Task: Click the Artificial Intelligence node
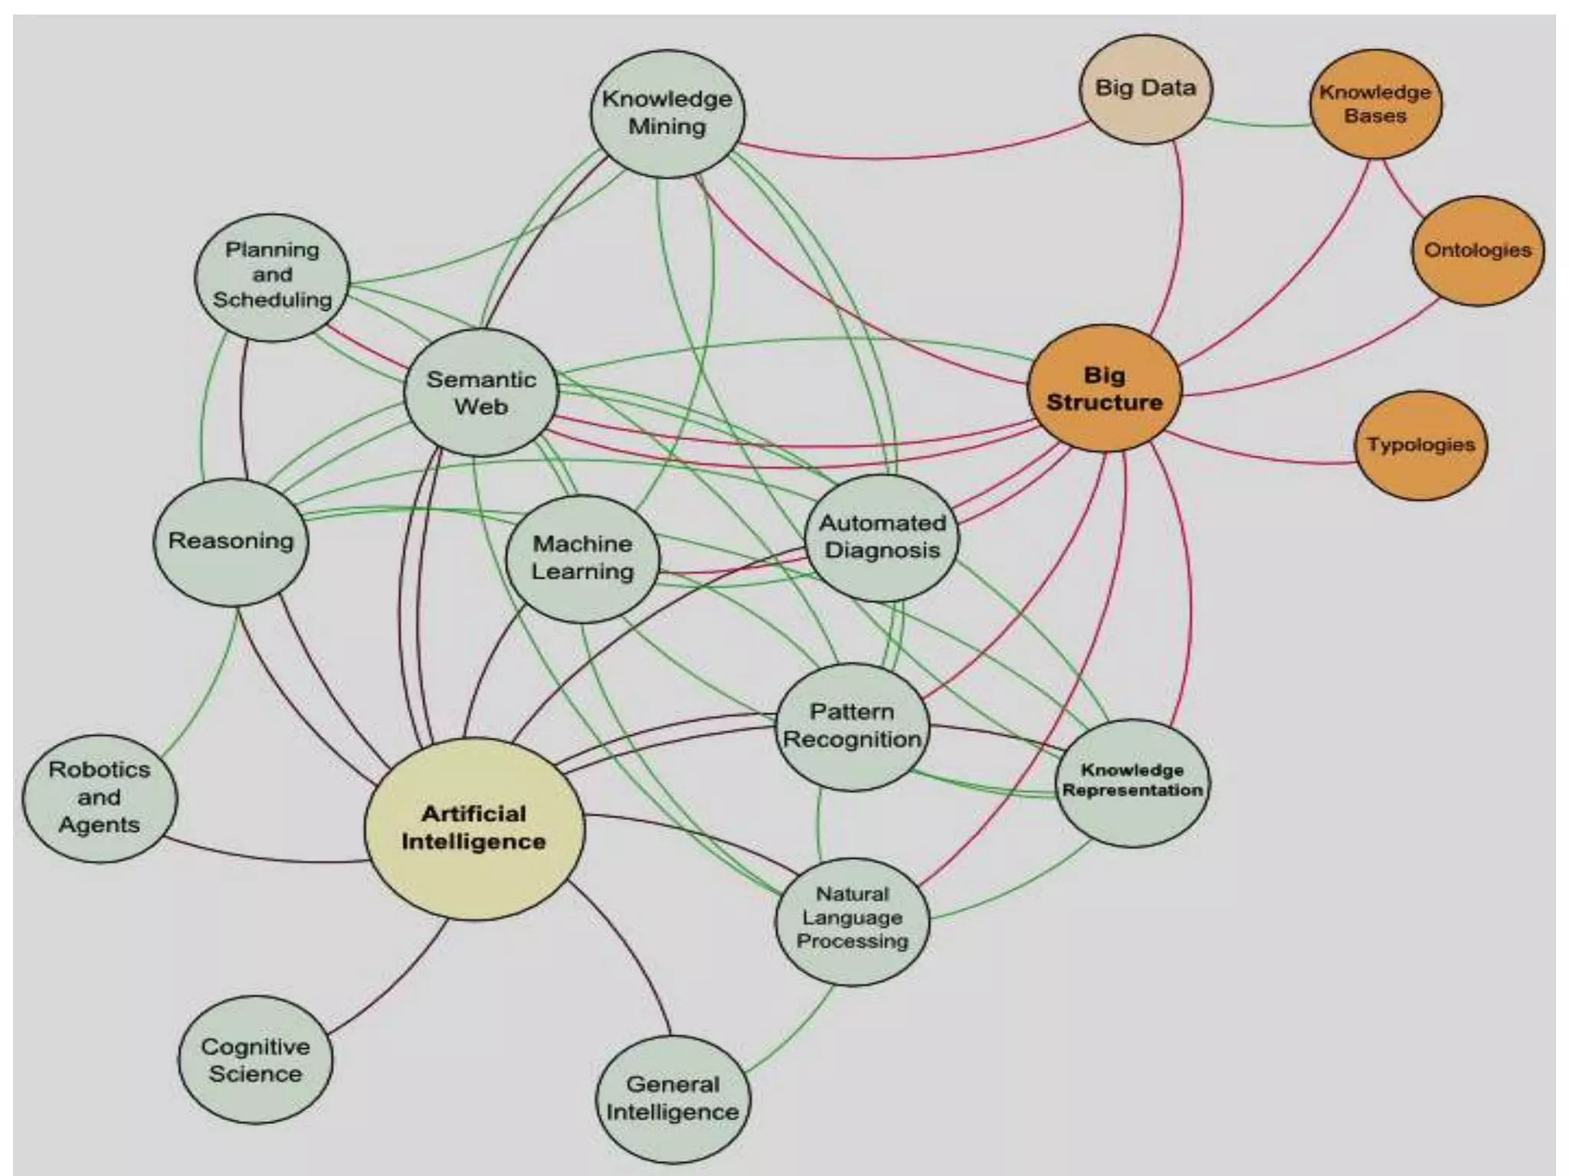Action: click(473, 828)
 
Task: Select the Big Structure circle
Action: click(1104, 389)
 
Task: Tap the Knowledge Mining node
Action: click(667, 113)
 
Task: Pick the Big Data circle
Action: click(1145, 89)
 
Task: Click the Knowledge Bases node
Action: click(1375, 104)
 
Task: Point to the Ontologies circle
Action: click(1477, 250)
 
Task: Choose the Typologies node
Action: click(1421, 445)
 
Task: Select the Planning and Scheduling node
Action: click(272, 276)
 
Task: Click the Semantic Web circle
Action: click(481, 393)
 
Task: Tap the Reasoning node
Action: click(231, 541)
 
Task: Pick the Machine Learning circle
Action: click(583, 558)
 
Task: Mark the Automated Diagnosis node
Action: click(882, 537)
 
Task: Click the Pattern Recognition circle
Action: click(853, 726)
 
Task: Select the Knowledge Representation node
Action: click(1132, 782)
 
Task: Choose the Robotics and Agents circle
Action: click(100, 798)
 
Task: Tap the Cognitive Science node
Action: click(255, 1060)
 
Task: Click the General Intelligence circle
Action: click(673, 1098)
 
